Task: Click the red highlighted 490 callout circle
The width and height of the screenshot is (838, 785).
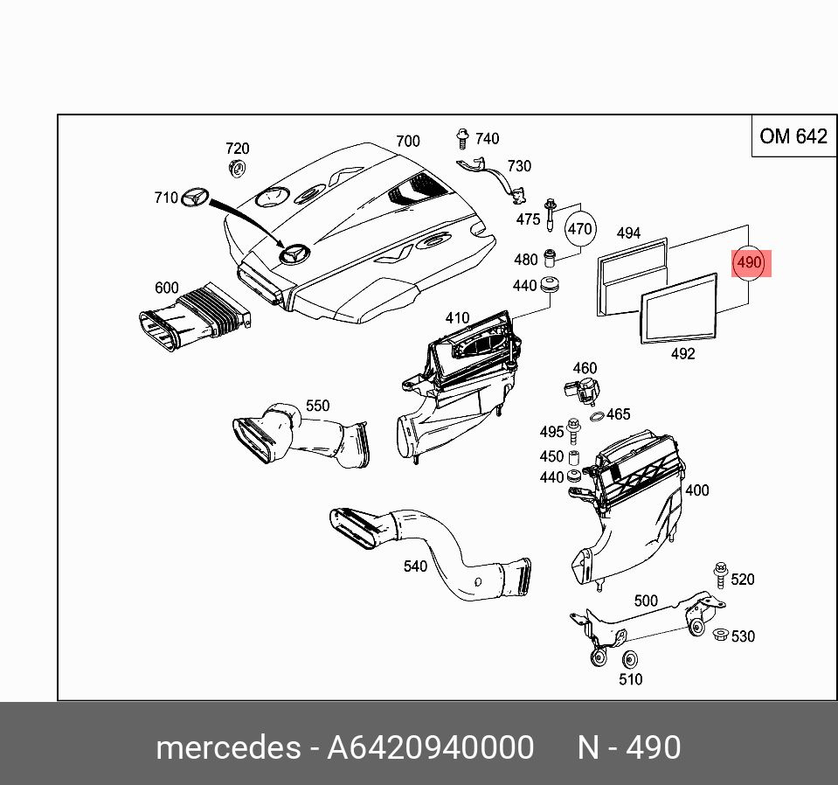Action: [750, 262]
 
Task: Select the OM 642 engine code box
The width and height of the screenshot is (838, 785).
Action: [793, 135]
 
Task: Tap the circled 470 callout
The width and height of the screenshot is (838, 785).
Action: [580, 230]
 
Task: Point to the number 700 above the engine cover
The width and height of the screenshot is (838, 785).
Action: [407, 141]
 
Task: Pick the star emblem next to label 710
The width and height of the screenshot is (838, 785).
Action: [196, 198]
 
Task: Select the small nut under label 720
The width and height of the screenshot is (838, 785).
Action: [237, 168]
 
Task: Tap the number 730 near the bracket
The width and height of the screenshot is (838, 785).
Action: [519, 166]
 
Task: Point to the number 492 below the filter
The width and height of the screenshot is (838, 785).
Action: [682, 354]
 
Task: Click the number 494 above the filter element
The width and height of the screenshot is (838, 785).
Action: [628, 233]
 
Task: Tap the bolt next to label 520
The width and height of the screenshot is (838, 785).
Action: [721, 574]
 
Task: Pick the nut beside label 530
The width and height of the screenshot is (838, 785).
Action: [721, 635]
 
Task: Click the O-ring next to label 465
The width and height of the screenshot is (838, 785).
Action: [594, 415]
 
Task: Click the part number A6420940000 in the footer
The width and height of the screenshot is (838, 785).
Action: [430, 748]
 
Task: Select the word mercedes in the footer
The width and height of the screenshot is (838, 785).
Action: [226, 748]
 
